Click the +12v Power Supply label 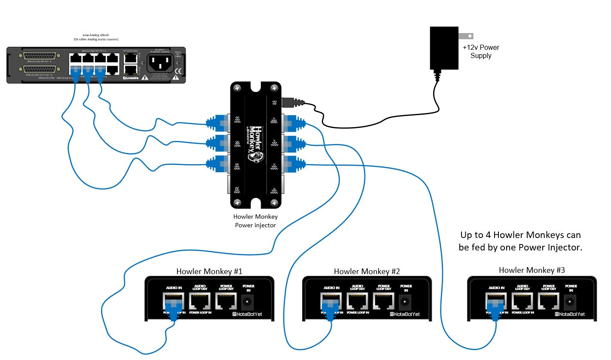tap(481, 52)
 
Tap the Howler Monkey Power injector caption tap(255, 221)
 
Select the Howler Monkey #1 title tap(209, 272)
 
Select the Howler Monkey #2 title tap(367, 272)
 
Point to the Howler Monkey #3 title tap(532, 270)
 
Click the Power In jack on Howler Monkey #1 tap(248, 302)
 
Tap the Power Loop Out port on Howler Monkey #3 tap(548, 301)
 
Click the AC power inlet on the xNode tap(160, 63)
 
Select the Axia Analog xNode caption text tap(95, 37)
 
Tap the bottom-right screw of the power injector tap(274, 202)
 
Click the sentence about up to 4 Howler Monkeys tap(520, 241)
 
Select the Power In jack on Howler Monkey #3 tap(570, 302)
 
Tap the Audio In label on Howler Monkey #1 tap(174, 288)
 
